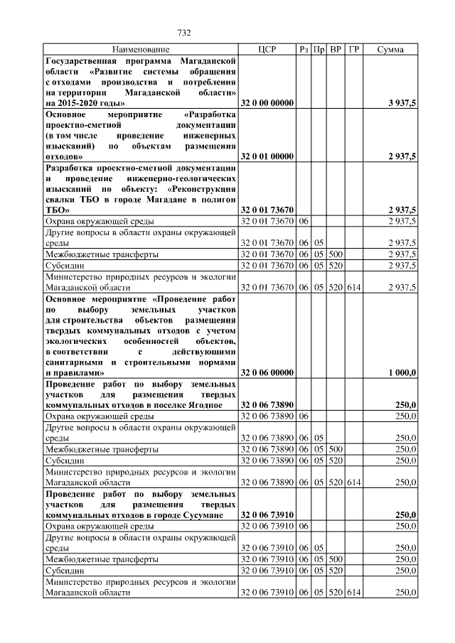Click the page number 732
pos(184,33)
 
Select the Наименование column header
pos(140,50)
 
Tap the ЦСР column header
pos(267,50)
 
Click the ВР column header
pos(337,50)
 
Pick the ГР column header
pos(355,50)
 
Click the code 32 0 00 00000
pos(267,103)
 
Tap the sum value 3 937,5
pos(402,103)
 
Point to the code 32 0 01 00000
pos(267,156)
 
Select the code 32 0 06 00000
pos(267,372)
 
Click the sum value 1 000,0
pos(402,372)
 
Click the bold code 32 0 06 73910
pos(267,514)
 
